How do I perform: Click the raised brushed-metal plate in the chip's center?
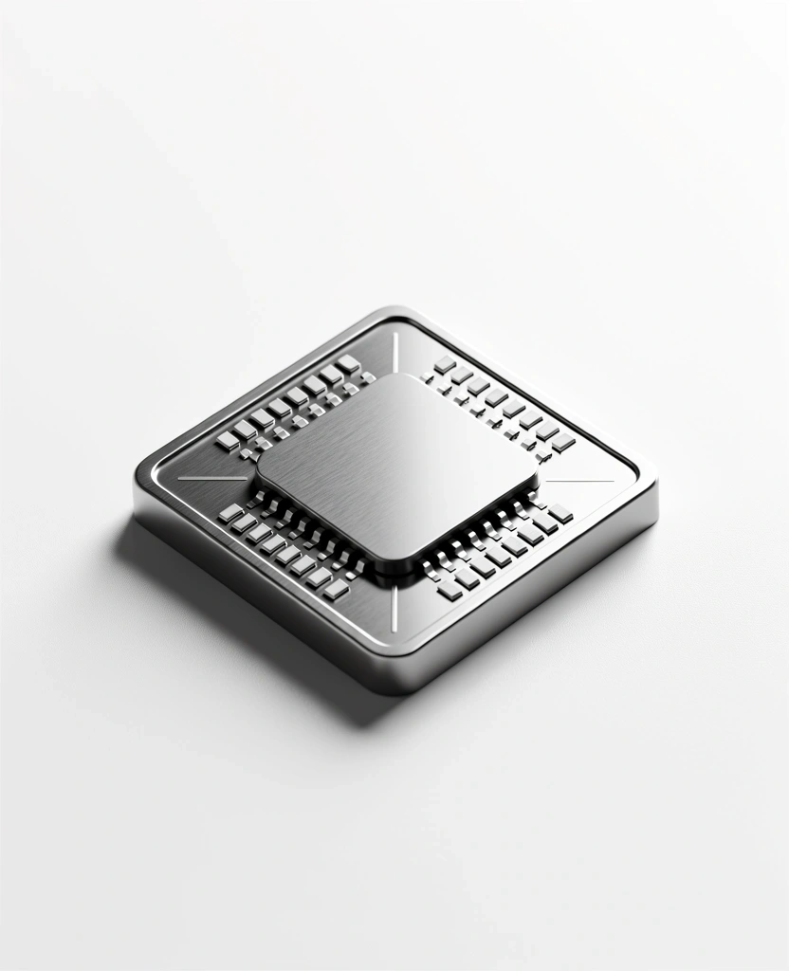tap(396, 465)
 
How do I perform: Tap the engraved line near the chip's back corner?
tap(395, 351)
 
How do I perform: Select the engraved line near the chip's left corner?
tap(211, 477)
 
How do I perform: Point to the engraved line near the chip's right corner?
tap(578, 481)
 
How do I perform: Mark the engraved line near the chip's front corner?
tap(394, 607)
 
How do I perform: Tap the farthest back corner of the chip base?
tap(394, 311)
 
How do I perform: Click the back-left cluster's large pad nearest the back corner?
tap(348, 363)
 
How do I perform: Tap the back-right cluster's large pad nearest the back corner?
tap(445, 364)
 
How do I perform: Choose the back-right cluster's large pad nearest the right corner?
tap(564, 441)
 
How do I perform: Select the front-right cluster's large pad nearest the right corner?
tap(560, 513)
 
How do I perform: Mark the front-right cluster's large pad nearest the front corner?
tap(449, 590)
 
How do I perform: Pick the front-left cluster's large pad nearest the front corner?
tap(337, 589)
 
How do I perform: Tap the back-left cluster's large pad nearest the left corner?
tap(228, 441)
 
